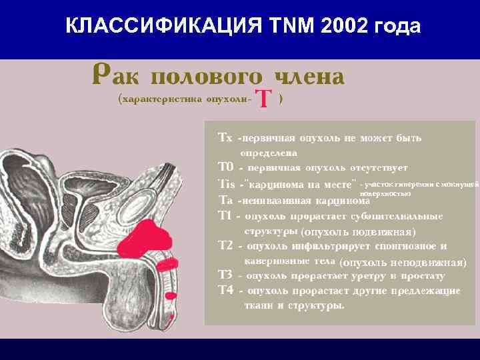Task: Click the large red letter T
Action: point(264,100)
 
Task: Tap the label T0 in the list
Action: point(225,167)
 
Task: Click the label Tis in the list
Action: point(227,183)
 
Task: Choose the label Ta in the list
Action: point(225,199)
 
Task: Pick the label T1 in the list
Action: point(225,215)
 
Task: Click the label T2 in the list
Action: point(225,245)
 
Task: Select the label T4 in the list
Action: point(225,291)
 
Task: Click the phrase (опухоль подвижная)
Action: point(359,232)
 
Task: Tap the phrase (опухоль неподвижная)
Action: point(402,261)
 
